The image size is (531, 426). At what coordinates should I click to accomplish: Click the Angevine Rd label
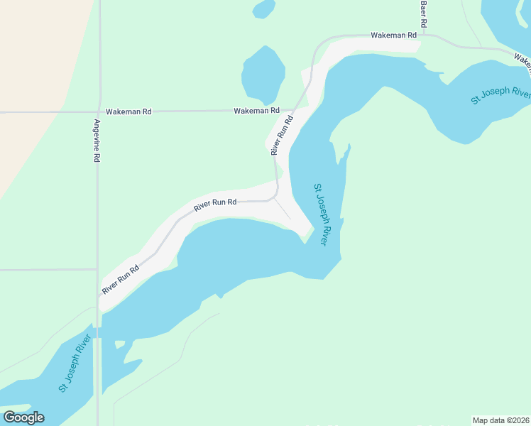click(97, 141)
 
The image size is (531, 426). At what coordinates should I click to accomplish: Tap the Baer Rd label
click(424, 13)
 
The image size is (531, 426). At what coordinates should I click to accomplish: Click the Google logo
click(23, 417)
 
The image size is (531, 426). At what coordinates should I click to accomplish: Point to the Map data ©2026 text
click(501, 420)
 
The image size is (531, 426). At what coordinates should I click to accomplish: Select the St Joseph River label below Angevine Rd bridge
click(75, 365)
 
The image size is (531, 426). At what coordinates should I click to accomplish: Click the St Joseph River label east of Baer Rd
click(501, 96)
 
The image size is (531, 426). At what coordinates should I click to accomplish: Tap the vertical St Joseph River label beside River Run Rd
click(321, 214)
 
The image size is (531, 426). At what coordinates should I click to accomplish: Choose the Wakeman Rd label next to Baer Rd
click(393, 35)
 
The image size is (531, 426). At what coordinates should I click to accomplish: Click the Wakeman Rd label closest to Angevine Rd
click(128, 111)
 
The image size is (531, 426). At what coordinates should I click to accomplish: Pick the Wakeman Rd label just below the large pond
click(256, 111)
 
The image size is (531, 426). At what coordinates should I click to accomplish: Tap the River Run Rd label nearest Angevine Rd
click(120, 279)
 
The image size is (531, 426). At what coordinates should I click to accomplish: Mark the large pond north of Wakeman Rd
click(263, 75)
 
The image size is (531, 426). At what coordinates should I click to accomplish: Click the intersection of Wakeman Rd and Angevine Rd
click(99, 111)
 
